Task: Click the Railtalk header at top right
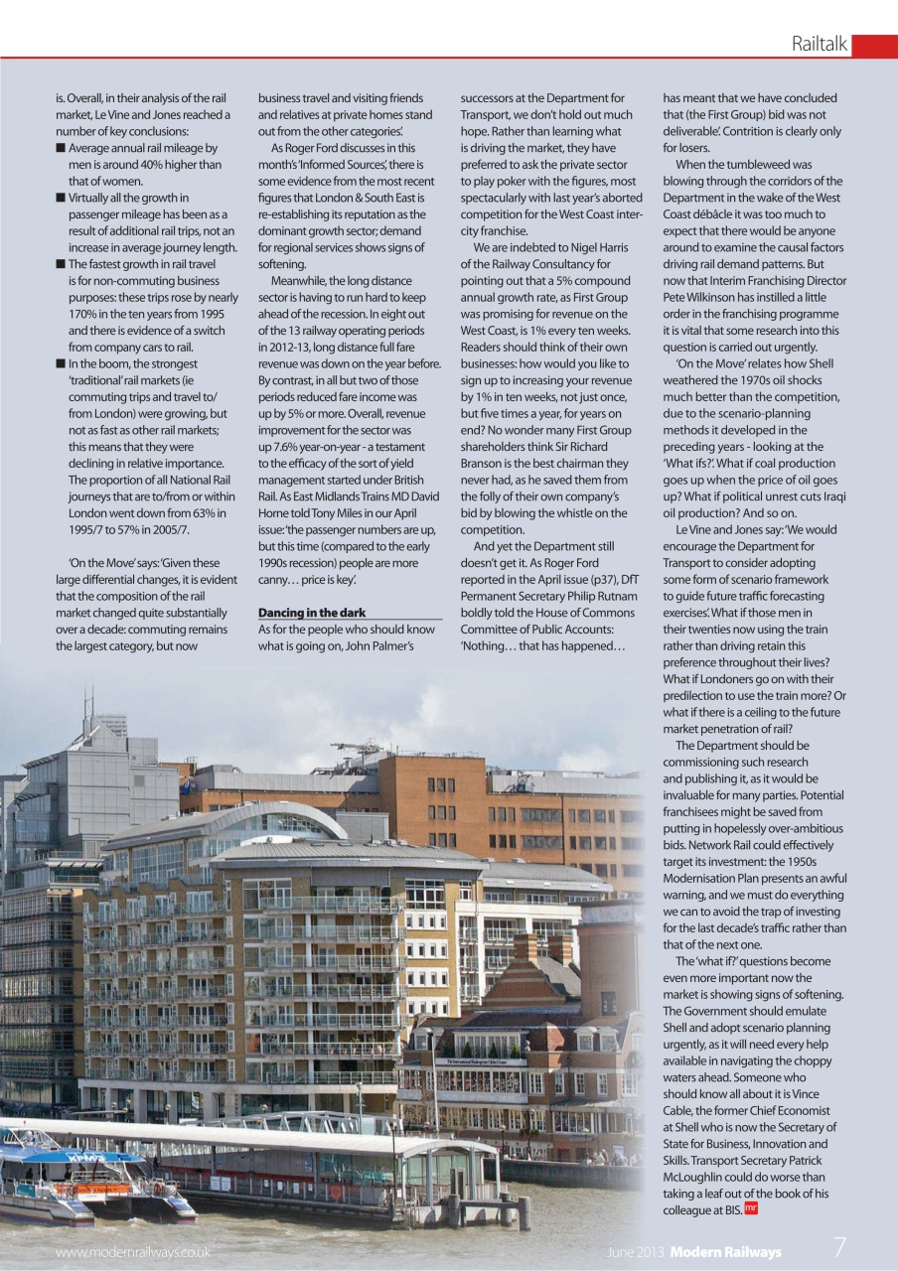click(819, 45)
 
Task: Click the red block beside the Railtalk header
click(874, 46)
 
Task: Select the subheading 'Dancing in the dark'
click(311, 613)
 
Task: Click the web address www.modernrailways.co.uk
click(132, 1252)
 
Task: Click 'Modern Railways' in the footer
click(725, 1252)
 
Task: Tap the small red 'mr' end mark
click(751, 1208)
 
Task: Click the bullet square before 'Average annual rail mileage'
click(61, 148)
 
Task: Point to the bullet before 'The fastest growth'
click(61, 264)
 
